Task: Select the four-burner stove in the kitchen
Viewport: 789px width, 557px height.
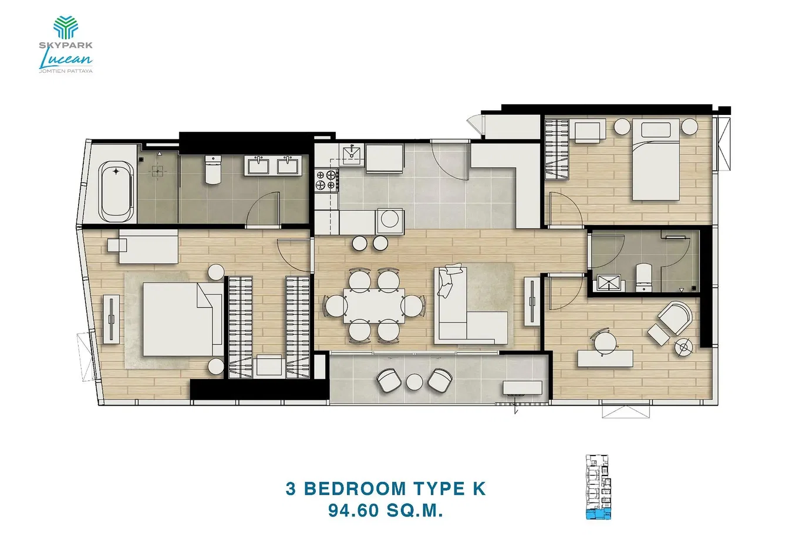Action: tap(326, 180)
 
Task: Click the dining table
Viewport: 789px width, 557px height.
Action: tap(374, 305)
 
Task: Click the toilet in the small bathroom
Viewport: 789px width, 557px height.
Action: tap(644, 277)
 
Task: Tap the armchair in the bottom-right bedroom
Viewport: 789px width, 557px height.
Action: tap(675, 318)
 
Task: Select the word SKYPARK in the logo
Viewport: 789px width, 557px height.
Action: tap(66, 45)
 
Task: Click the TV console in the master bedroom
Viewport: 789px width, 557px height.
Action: tap(112, 319)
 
